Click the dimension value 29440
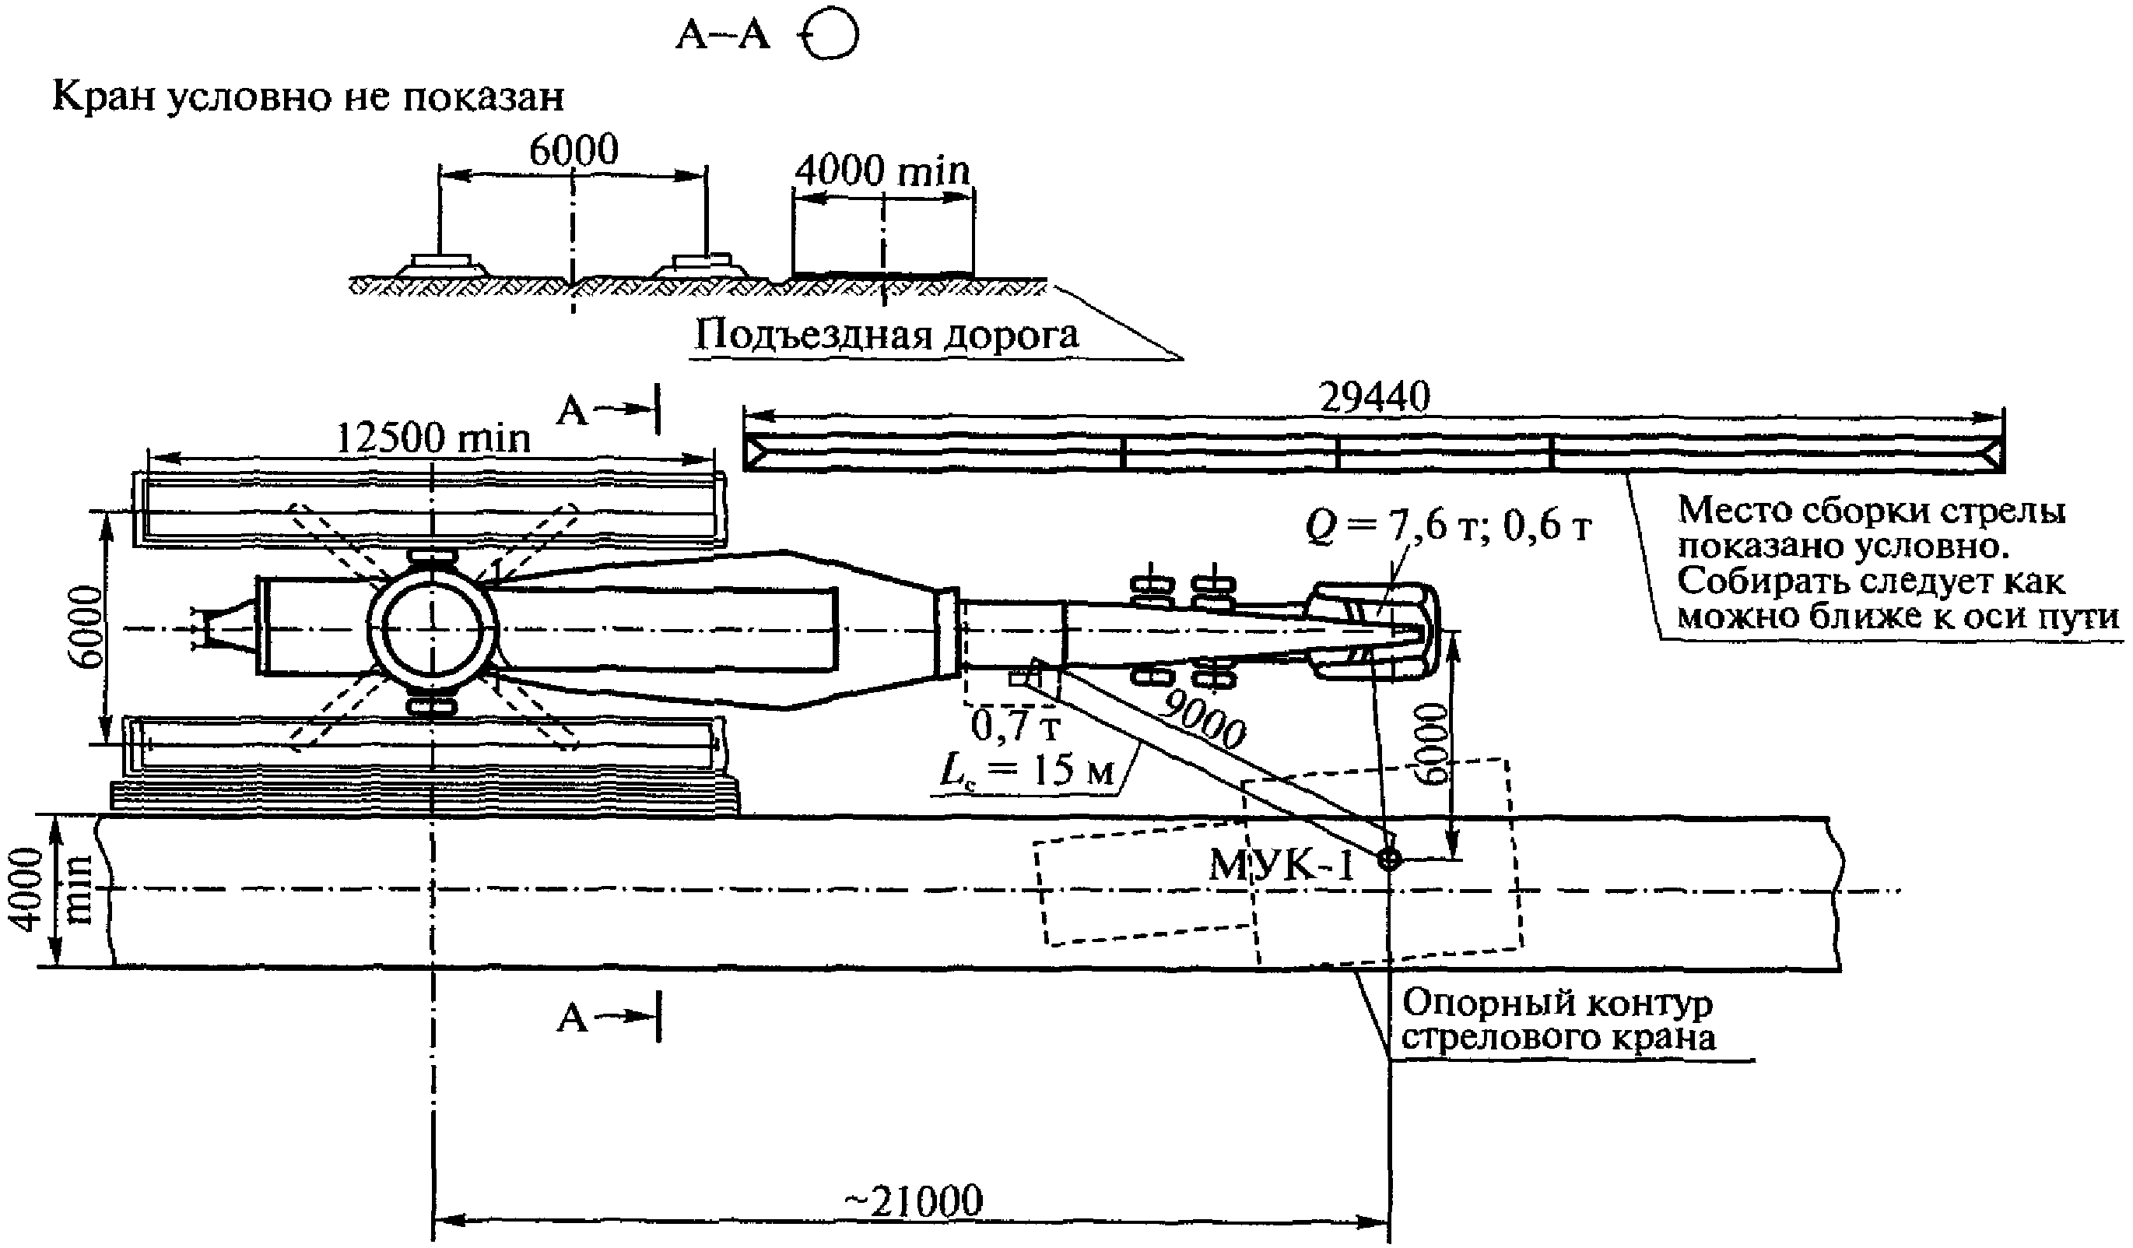click(1373, 396)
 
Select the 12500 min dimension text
click(433, 438)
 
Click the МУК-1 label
click(1281, 864)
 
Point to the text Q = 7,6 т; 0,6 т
click(1448, 526)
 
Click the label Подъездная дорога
click(886, 335)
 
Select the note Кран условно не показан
click(308, 97)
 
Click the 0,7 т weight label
click(1015, 726)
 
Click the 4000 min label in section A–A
click(882, 171)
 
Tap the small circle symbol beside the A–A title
click(831, 37)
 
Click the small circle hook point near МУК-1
click(1389, 860)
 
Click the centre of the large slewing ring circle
click(433, 628)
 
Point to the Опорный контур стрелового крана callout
click(1557, 1019)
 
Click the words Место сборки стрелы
click(1872, 511)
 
